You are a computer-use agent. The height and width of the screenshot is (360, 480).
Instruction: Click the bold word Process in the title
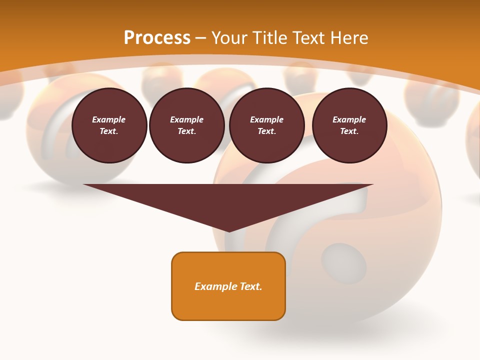point(157,38)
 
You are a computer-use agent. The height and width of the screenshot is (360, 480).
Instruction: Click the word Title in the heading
point(269,38)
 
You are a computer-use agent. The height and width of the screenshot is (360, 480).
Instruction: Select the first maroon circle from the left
point(109,125)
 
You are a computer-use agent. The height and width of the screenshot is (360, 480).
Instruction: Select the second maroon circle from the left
point(187,125)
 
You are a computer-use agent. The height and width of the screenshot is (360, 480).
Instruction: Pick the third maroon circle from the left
point(267,125)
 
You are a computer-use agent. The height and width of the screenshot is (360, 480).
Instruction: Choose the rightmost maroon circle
point(349,125)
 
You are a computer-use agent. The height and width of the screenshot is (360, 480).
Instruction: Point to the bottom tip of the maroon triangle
point(229,231)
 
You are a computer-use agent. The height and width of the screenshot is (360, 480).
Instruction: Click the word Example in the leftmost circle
point(109,119)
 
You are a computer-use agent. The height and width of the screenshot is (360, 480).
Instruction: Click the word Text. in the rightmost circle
point(349,131)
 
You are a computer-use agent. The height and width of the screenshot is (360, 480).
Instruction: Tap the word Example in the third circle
point(266,119)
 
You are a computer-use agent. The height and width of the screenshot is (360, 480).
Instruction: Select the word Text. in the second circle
point(187,131)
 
